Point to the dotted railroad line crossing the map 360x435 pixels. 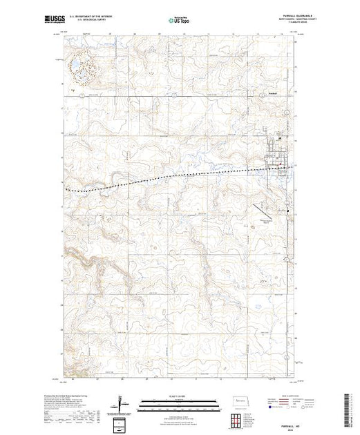(173, 177)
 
